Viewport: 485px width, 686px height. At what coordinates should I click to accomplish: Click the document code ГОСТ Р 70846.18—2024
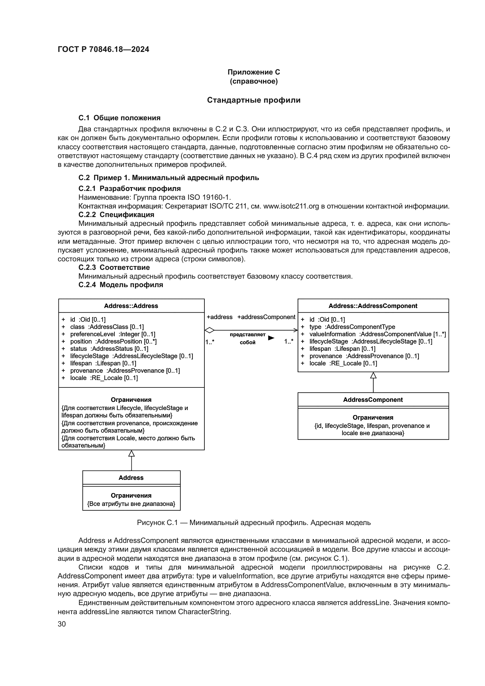[103, 49]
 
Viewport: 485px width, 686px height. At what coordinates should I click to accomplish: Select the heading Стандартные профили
[254, 100]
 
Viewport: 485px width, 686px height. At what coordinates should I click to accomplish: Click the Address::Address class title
[131, 306]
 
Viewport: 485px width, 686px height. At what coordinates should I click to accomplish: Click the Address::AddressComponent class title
[373, 306]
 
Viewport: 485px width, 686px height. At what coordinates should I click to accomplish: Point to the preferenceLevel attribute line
[113, 334]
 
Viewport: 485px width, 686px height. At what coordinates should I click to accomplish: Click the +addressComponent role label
[266, 317]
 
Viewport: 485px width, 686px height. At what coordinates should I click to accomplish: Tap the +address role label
[220, 317]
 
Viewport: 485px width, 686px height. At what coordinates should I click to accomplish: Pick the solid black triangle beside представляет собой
[271, 338]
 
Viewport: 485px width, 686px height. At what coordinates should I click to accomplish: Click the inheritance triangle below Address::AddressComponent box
[373, 376]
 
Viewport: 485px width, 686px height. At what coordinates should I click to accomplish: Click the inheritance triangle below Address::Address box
[131, 453]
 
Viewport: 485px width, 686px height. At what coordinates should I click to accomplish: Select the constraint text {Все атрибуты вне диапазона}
[131, 504]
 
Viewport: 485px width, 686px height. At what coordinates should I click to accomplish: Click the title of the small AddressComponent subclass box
[373, 400]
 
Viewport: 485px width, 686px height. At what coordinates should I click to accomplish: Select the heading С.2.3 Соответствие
[114, 267]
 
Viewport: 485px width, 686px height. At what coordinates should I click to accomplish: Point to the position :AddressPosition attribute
[113, 341]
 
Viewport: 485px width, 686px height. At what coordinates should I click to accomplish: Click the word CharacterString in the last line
[204, 612]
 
